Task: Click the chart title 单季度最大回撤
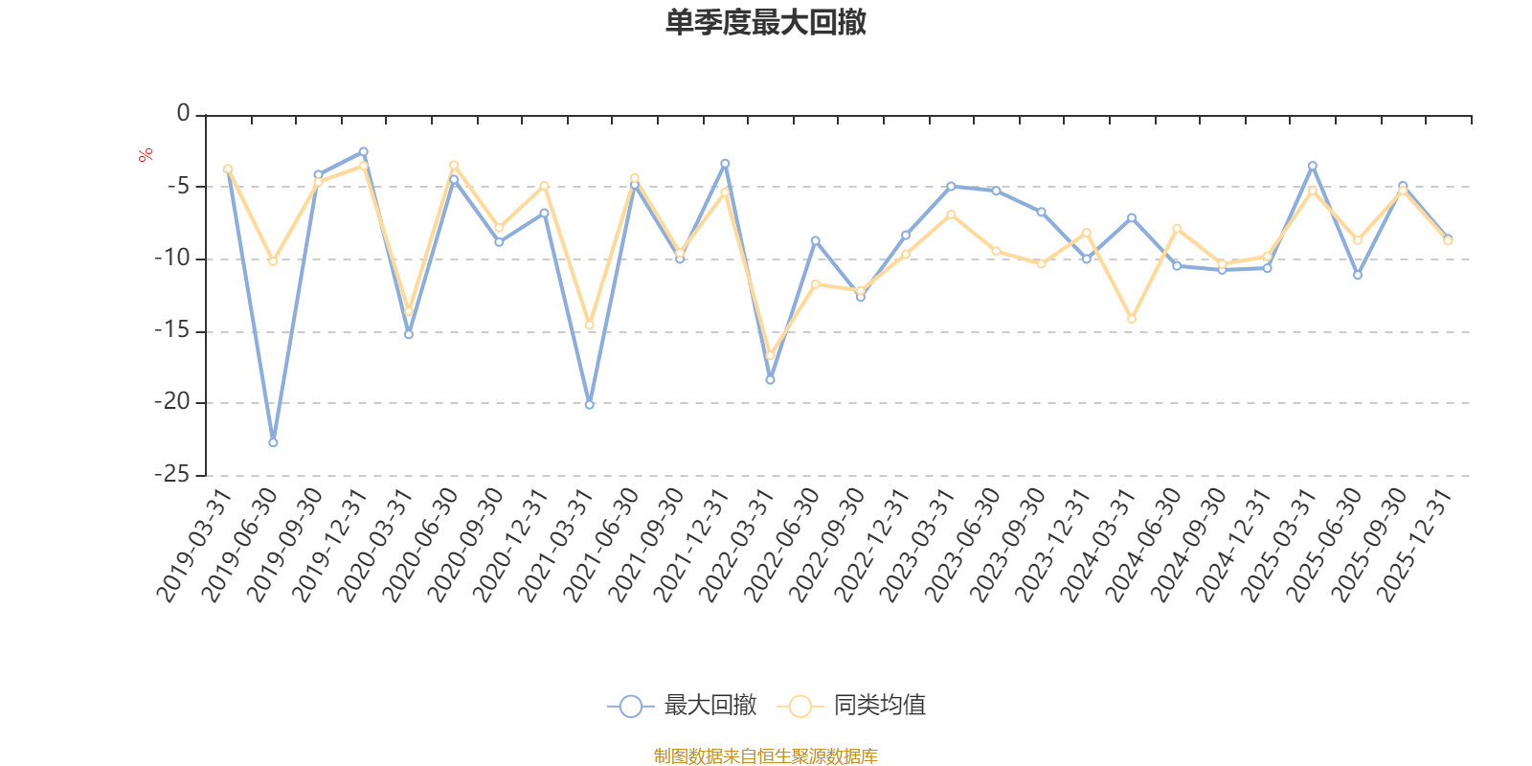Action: [765, 23]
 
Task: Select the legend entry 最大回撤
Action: [682, 707]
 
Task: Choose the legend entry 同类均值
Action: [852, 707]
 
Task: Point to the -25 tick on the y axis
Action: [171, 475]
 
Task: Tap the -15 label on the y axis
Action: [171, 331]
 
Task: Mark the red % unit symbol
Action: [145, 156]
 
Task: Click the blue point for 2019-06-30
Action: [273, 442]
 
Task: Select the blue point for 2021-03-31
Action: [589, 405]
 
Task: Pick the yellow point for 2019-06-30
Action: [273, 261]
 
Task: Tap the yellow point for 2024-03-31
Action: [1132, 319]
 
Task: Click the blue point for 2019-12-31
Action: [364, 151]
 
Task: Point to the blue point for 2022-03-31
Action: [770, 380]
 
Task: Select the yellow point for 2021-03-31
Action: [589, 326]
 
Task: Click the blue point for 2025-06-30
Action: [1358, 275]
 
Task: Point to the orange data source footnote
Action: [765, 756]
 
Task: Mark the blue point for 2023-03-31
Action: [951, 186]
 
